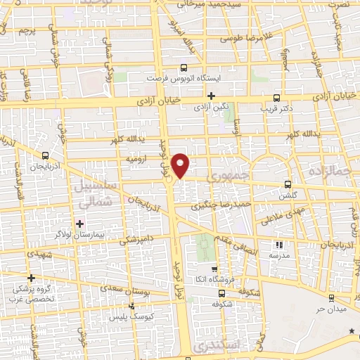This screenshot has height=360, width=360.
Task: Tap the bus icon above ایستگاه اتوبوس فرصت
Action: (184, 68)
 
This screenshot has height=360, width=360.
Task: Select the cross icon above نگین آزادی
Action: (210, 95)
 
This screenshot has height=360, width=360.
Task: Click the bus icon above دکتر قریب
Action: (276, 98)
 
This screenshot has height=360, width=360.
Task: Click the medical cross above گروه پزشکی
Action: (31, 278)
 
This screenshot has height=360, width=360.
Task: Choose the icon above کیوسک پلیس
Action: (132, 306)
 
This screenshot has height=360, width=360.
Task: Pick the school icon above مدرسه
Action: (280, 245)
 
